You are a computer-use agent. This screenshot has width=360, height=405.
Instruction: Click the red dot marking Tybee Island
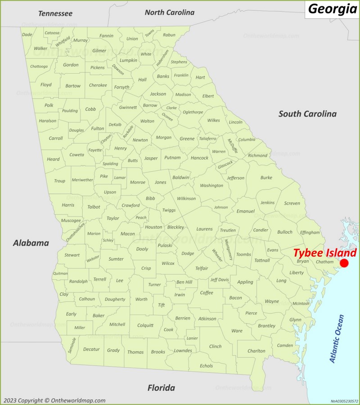click(x=344, y=263)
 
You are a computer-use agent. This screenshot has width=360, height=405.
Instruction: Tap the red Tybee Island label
click(x=325, y=253)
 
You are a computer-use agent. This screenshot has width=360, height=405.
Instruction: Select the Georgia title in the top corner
click(x=333, y=9)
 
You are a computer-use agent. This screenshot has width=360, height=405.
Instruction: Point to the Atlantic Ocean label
click(x=337, y=339)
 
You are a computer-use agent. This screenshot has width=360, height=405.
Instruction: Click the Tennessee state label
click(x=55, y=13)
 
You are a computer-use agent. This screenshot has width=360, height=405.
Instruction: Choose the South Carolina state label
click(x=307, y=114)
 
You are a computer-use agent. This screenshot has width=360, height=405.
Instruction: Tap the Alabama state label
click(x=31, y=243)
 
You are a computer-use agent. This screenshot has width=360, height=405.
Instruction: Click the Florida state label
click(x=161, y=387)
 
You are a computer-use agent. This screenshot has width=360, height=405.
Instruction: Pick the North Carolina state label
click(x=170, y=13)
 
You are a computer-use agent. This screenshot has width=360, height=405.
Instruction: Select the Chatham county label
click(x=324, y=262)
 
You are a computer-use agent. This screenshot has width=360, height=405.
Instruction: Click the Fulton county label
click(x=98, y=129)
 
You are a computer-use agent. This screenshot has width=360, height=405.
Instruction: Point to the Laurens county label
click(x=204, y=229)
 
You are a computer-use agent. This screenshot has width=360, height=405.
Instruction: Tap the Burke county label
click(x=266, y=178)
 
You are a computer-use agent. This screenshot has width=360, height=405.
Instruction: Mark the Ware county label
click(x=237, y=331)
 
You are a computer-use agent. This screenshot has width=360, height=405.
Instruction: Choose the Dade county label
click(x=27, y=35)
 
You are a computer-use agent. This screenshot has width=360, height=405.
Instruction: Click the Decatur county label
click(x=91, y=349)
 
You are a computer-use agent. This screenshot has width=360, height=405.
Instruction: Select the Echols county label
click(x=207, y=366)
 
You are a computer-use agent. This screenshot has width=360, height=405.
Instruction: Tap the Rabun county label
click(x=169, y=35)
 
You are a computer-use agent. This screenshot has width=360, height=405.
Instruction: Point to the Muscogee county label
click(x=71, y=221)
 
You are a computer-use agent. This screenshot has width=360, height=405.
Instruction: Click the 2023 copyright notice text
click(x=54, y=401)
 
